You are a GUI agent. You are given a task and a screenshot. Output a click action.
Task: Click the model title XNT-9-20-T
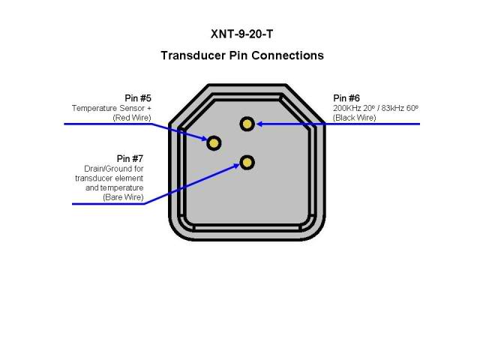[x=241, y=34]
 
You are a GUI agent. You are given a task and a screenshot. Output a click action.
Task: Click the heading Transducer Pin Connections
[x=241, y=55]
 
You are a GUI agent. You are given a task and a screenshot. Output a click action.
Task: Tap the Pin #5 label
[x=138, y=98]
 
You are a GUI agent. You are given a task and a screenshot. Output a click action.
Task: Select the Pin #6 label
[x=346, y=98]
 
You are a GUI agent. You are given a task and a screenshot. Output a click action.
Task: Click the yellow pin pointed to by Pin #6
[x=247, y=124]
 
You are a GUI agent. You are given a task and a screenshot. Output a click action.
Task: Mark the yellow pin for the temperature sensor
[x=214, y=142]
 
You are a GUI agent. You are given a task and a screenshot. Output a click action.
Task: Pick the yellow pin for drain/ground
[x=247, y=162]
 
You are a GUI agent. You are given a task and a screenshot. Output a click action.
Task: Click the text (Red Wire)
[x=132, y=118]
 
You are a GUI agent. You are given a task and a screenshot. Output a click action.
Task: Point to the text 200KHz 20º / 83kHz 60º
[x=375, y=108]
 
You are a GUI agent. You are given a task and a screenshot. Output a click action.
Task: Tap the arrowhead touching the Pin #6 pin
[x=259, y=124]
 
